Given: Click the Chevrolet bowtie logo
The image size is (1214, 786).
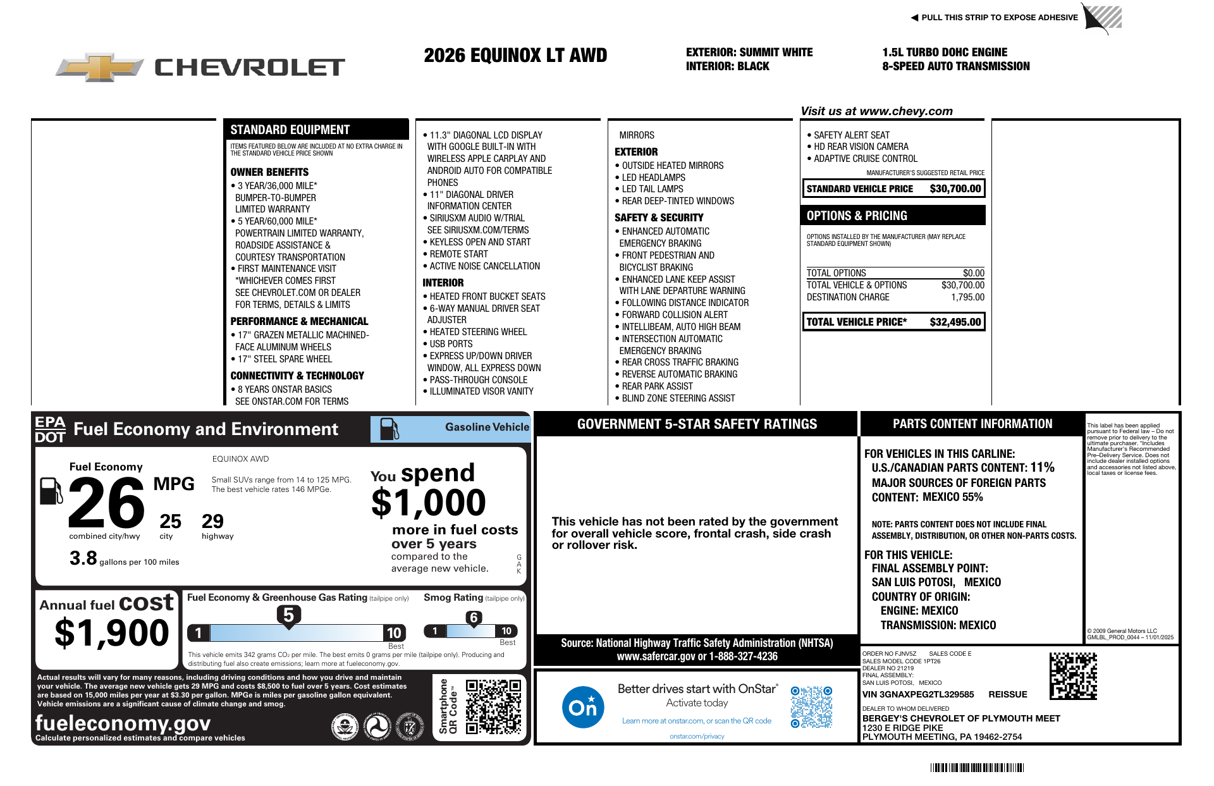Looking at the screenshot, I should [100, 66].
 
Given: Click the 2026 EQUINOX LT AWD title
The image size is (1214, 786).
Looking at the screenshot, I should [515, 56].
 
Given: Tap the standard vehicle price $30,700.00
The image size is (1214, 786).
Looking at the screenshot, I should [955, 188].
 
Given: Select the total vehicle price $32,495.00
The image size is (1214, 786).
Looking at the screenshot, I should [955, 322].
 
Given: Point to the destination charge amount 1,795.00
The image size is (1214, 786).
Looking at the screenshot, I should [967, 297].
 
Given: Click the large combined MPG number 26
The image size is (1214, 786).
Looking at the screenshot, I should [106, 503].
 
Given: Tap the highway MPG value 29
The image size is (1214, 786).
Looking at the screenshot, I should [212, 521].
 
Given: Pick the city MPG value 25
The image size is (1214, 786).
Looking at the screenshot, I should [170, 521].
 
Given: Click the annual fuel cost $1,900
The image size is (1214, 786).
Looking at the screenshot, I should [112, 633].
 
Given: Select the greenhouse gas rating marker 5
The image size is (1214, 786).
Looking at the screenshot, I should [288, 615].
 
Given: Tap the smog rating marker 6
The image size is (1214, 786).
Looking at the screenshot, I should [474, 618].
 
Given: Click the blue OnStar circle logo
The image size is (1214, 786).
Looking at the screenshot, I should [582, 707].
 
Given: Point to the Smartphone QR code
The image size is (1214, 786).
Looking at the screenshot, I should [493, 706].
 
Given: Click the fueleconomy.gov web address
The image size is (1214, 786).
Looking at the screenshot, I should [123, 722].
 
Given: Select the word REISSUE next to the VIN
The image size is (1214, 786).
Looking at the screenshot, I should [1008, 694].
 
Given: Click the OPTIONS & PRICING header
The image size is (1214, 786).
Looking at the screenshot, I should [857, 216].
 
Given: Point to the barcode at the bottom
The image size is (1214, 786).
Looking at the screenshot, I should [977, 768].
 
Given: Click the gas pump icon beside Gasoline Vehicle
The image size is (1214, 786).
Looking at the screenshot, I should [389, 429].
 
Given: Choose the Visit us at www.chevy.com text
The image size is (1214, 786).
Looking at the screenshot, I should [876, 111].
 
